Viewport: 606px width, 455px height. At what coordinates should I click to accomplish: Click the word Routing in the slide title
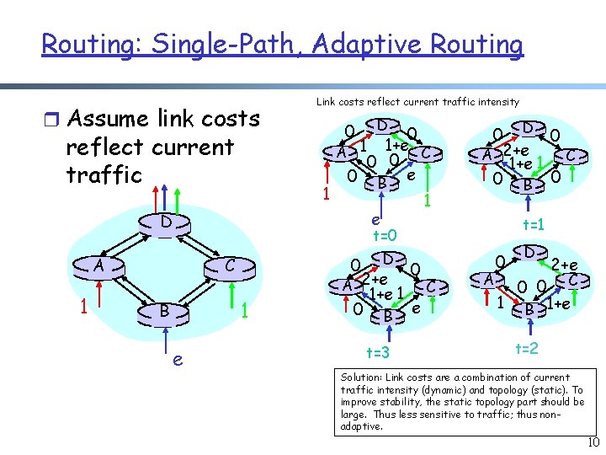click(80, 44)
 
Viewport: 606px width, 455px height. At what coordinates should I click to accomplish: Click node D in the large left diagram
click(167, 223)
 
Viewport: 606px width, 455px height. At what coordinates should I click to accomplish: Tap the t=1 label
click(532, 225)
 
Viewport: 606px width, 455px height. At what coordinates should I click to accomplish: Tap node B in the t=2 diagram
click(529, 309)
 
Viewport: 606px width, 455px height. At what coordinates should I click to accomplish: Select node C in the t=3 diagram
click(430, 286)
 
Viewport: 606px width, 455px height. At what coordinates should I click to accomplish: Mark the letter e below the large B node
click(178, 359)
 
